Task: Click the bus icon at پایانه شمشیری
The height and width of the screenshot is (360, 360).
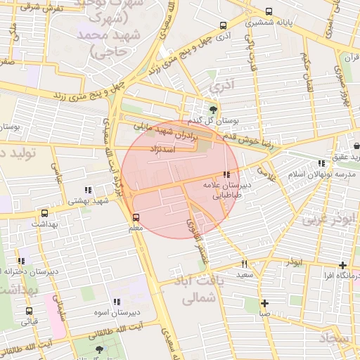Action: (269, 11)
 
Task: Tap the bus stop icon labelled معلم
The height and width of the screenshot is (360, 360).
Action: (136, 217)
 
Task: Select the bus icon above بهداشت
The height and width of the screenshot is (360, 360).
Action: (45, 212)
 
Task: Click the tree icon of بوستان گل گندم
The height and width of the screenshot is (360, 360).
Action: (213, 110)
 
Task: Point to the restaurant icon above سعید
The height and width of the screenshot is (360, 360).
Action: (244, 264)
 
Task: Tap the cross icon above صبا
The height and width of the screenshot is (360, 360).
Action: (264, 304)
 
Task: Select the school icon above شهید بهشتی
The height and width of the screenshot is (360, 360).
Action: (88, 189)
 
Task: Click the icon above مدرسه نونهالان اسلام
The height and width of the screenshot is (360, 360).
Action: (321, 163)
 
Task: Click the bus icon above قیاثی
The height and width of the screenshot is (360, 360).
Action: (30, 311)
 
